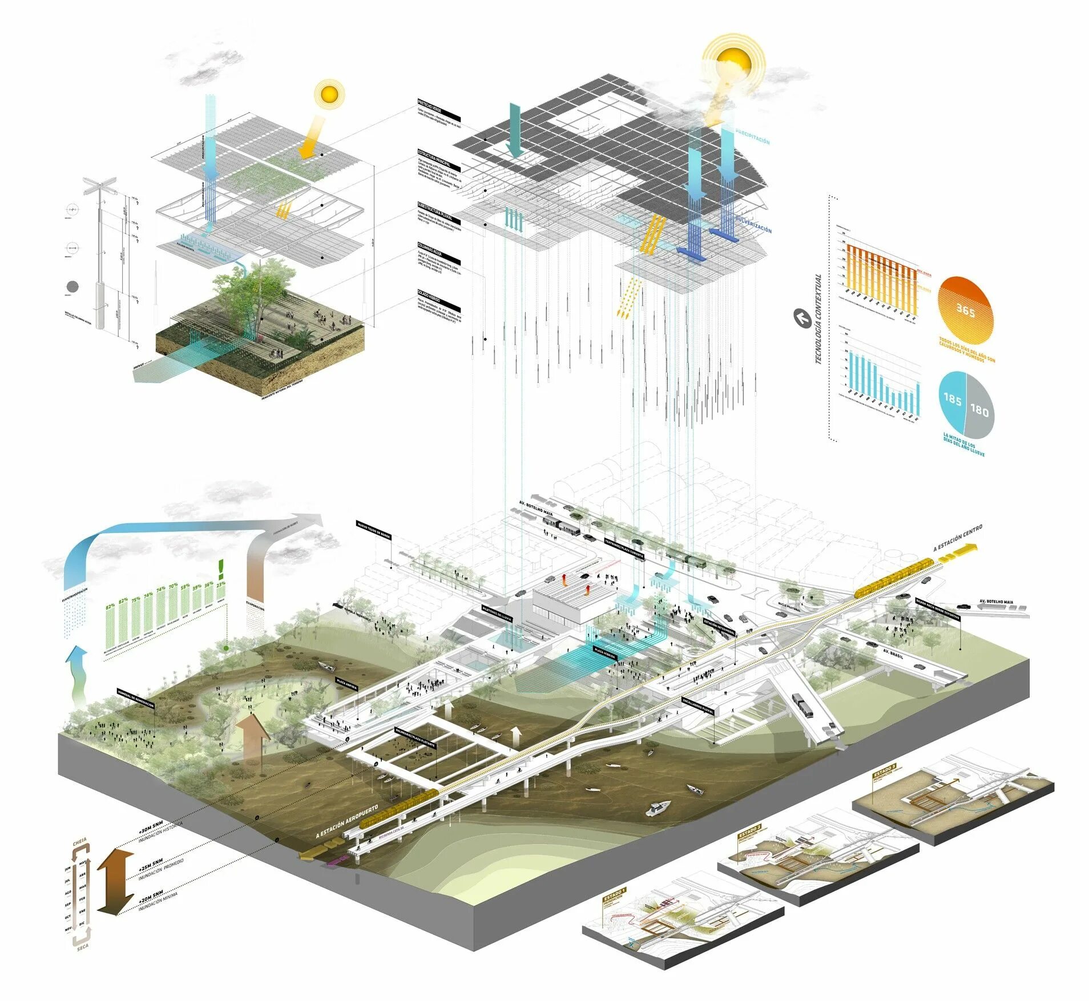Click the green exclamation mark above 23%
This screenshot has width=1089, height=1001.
pos(221,568)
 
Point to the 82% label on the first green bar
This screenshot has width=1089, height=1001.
pos(110,606)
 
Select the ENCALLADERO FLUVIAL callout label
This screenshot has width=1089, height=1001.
pos(697,705)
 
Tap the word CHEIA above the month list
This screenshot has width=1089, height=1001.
pos(79,842)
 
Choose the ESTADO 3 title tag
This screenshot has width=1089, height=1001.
pos(884,770)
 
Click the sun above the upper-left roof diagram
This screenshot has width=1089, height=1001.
pos(329,94)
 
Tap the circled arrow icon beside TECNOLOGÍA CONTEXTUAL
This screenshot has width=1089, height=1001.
pos(802,318)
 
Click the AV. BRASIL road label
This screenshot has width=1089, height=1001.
pos(893,652)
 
